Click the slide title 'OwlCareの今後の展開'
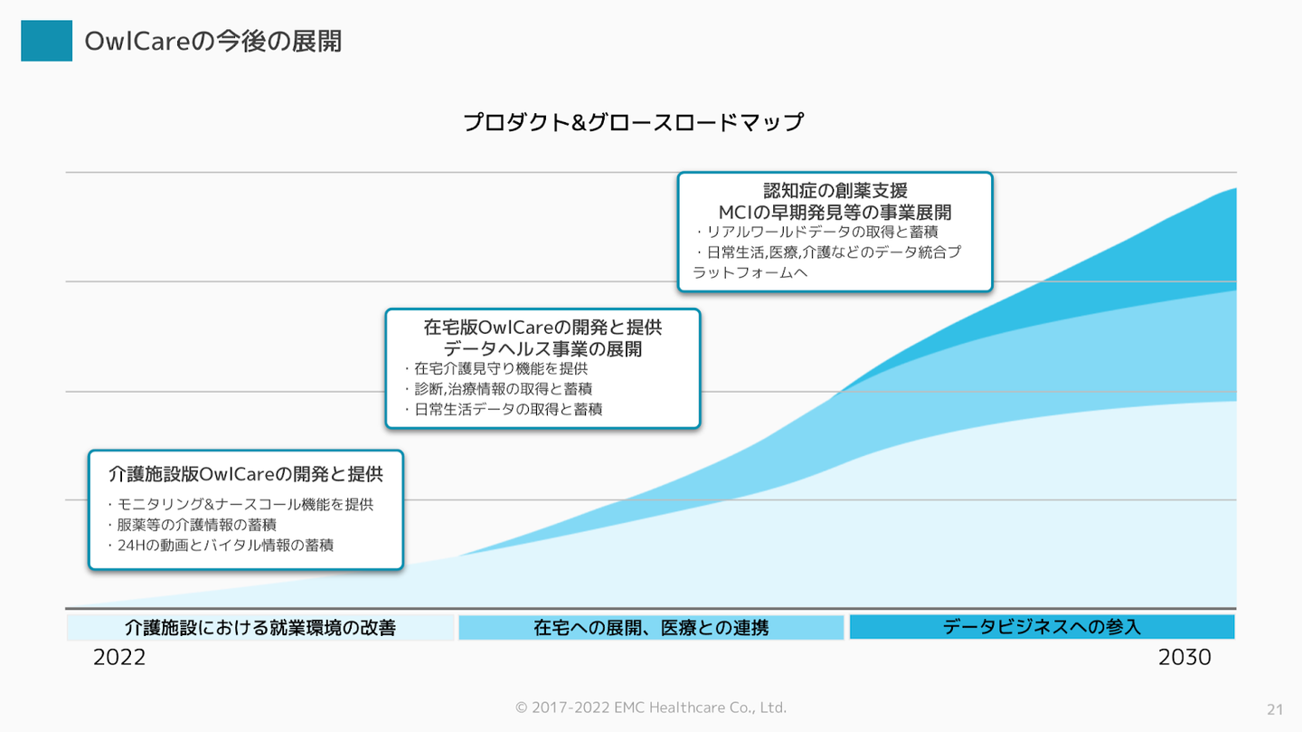tap(212, 41)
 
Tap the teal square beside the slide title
tap(46, 41)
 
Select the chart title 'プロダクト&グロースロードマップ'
tap(633, 122)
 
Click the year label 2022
tap(119, 658)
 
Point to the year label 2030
tap(1184, 658)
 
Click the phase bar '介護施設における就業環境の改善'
tap(259, 627)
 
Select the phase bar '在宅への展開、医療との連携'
tap(651, 627)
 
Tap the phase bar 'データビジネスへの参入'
tap(1042, 626)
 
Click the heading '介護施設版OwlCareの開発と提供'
tap(246, 474)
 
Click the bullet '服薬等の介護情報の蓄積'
tap(196, 525)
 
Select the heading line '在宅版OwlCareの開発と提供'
tap(542, 328)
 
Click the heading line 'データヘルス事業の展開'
tap(542, 348)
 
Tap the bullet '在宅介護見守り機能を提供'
tap(500, 369)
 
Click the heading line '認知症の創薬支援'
tap(835, 191)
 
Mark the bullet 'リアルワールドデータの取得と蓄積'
tap(822, 233)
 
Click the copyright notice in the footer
tap(651, 708)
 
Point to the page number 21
tap(1275, 708)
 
